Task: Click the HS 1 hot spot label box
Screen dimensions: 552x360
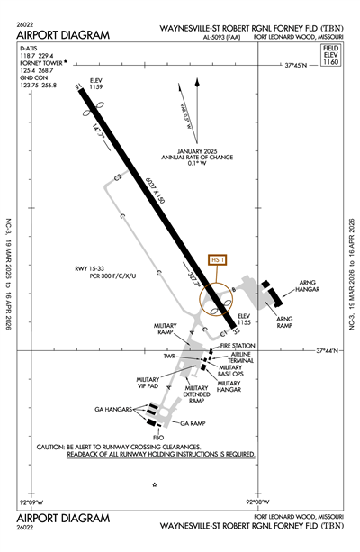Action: tap(215, 260)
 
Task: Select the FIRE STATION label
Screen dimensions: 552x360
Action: tap(239, 345)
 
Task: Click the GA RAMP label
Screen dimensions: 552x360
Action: tap(193, 422)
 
